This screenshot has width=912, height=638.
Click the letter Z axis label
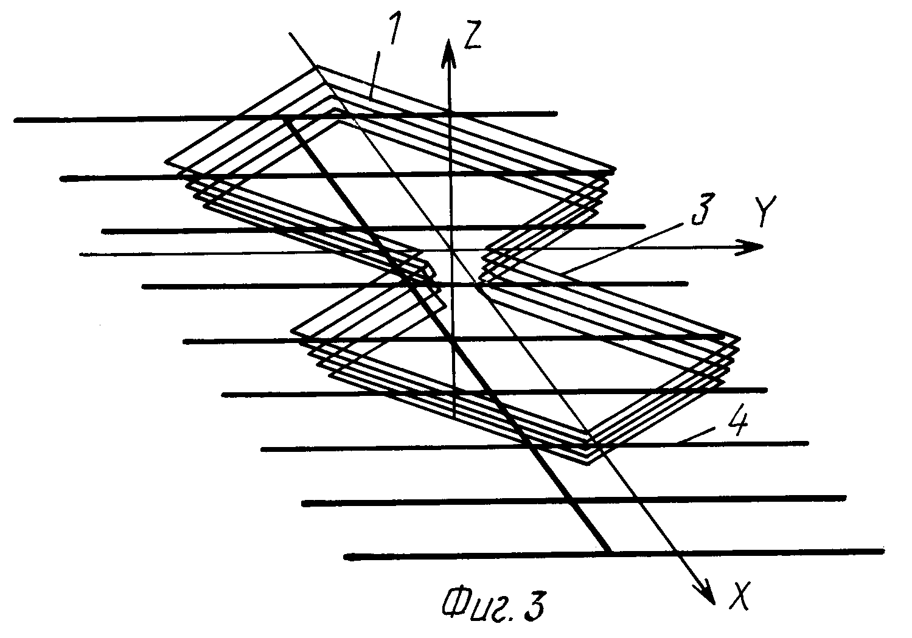473,35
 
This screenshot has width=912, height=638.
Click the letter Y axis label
765,211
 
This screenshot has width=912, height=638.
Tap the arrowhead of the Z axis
448,53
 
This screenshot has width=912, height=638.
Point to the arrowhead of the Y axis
748,247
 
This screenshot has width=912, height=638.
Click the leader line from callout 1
374,75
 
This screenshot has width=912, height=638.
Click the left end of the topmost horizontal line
15,120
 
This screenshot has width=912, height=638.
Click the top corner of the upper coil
317,66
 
